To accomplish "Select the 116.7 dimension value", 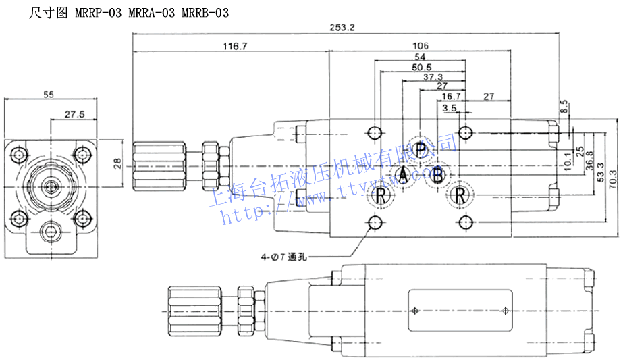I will click(235, 47).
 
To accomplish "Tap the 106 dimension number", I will click(421, 47).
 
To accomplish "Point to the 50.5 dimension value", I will click(421, 67).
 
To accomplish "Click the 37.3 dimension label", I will click(433, 77).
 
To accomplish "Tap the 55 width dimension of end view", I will click(49, 95).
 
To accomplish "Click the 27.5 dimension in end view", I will click(74, 115).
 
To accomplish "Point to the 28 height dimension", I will click(117, 163).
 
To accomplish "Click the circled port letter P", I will click(420, 150).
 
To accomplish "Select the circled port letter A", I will click(403, 176).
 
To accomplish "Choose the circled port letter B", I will click(438, 176).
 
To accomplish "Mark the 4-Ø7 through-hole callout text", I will click(284, 257).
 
